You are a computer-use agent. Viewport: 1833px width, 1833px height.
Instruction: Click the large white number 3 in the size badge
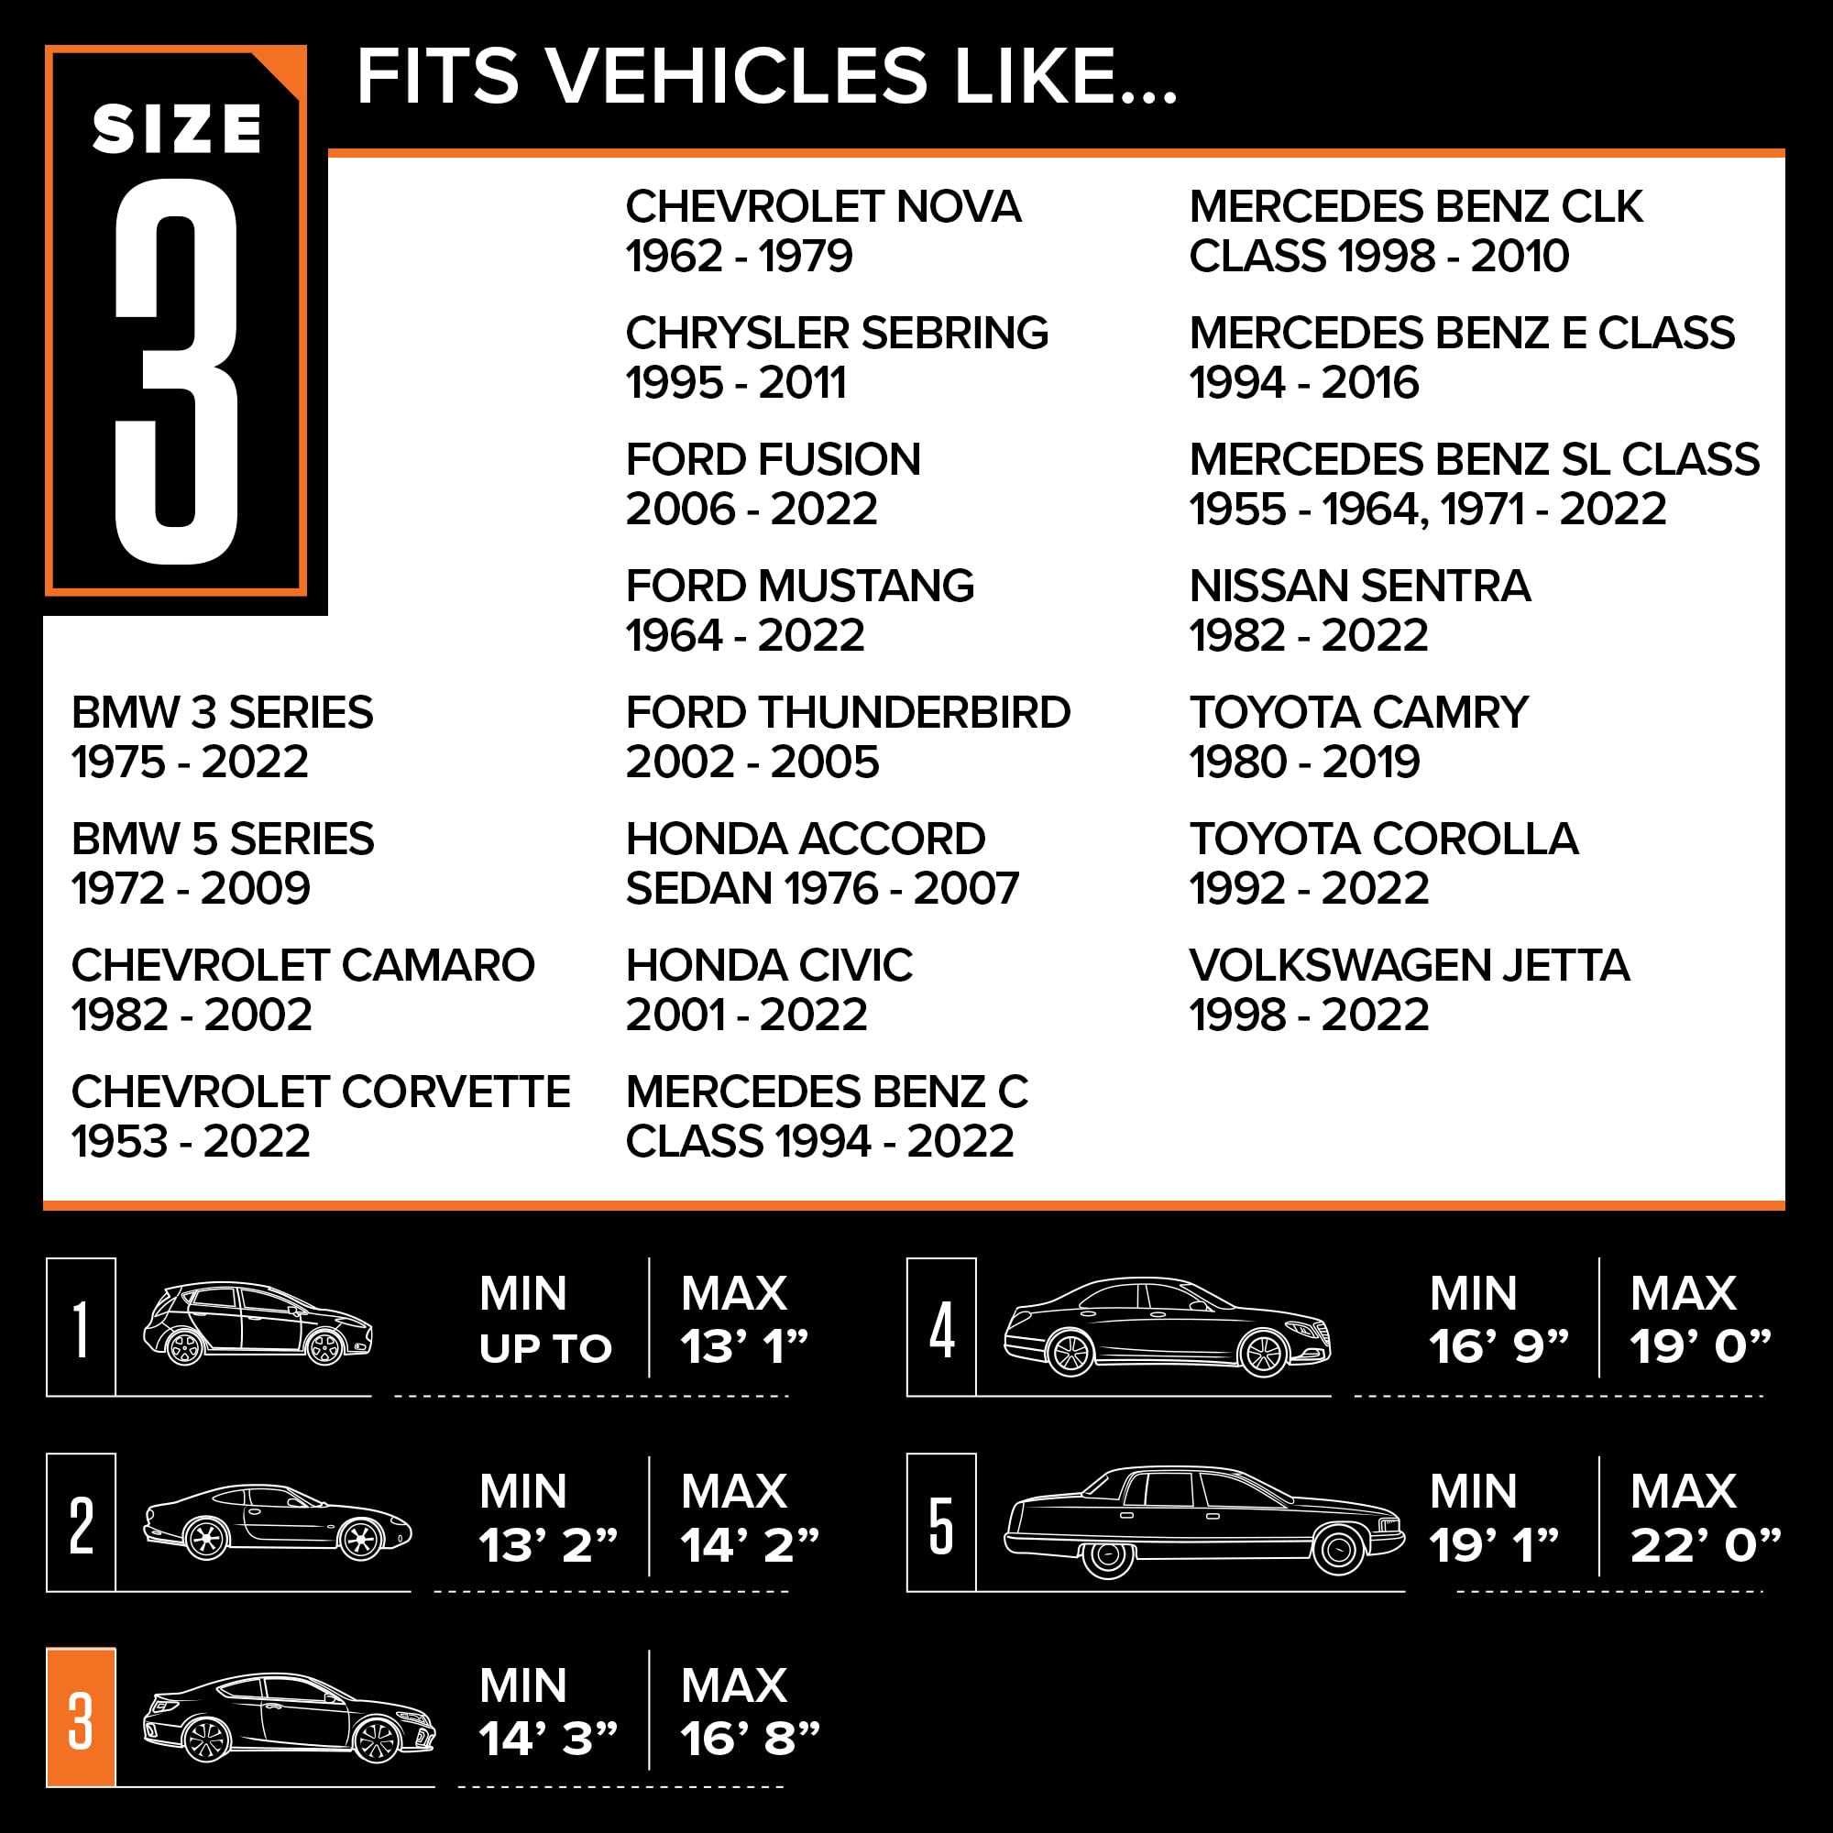pyautogui.click(x=177, y=372)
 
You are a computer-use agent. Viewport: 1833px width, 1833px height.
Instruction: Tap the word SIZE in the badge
pyautogui.click(x=177, y=129)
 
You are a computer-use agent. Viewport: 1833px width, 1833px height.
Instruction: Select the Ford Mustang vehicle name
pyautogui.click(x=800, y=586)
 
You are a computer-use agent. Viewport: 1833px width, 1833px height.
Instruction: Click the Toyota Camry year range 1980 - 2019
pyautogui.click(x=1304, y=762)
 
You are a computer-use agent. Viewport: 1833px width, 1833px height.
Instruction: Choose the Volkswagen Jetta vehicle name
pyautogui.click(x=1409, y=965)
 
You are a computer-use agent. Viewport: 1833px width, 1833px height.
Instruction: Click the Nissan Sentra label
pyautogui.click(x=1359, y=586)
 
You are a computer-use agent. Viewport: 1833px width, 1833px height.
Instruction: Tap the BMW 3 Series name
pyautogui.click(x=222, y=712)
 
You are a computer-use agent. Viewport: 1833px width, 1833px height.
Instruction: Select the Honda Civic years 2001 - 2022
pyautogui.click(x=747, y=1015)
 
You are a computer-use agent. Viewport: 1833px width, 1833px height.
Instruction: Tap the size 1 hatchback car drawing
pyautogui.click(x=258, y=1323)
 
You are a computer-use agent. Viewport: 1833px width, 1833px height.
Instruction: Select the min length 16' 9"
pyautogui.click(x=1499, y=1346)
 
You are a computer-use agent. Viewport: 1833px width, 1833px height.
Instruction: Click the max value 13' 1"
pyautogui.click(x=744, y=1346)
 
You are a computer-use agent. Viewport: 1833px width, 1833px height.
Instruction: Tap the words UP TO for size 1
pyautogui.click(x=545, y=1348)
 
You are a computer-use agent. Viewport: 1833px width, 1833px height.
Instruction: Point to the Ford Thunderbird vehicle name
pyautogui.click(x=848, y=712)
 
